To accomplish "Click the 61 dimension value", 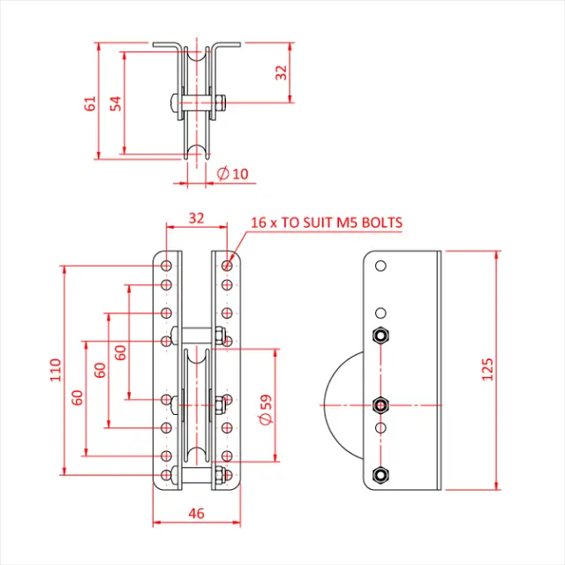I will [89, 102].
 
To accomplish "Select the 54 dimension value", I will [115, 102].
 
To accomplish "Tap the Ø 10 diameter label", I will [233, 174].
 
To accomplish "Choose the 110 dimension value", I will [55, 368].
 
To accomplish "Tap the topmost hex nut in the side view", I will [380, 335].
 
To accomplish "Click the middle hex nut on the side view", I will [380, 404].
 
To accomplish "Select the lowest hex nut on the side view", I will [380, 474].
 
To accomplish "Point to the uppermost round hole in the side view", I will [380, 266].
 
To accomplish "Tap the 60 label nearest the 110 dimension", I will [78, 397].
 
